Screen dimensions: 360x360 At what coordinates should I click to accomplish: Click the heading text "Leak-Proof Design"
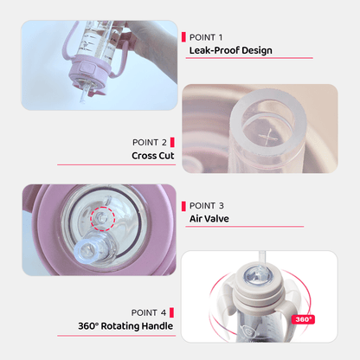(x=231, y=50)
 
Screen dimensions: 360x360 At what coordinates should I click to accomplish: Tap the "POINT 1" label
(x=206, y=37)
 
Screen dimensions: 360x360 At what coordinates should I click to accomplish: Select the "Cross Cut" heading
(x=153, y=156)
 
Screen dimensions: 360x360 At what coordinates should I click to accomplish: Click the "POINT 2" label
(x=150, y=142)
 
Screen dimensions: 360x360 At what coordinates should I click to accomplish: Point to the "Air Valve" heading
(x=209, y=219)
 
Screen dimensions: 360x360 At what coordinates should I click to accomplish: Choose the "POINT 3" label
(x=207, y=206)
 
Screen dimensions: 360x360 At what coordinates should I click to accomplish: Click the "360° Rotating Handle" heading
(x=125, y=326)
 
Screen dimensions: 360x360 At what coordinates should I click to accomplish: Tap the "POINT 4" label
(x=149, y=312)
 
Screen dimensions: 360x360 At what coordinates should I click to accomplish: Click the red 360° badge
(x=303, y=319)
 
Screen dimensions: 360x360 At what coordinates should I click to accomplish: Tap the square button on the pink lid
(x=87, y=68)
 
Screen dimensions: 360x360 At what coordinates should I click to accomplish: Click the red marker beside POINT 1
(x=183, y=37)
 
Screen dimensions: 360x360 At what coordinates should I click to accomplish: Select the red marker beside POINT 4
(x=171, y=312)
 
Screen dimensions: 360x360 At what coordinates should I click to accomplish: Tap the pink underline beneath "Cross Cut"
(x=116, y=164)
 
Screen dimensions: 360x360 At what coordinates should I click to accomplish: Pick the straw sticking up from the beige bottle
(x=262, y=259)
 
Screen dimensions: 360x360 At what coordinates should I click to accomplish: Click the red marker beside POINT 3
(x=183, y=206)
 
